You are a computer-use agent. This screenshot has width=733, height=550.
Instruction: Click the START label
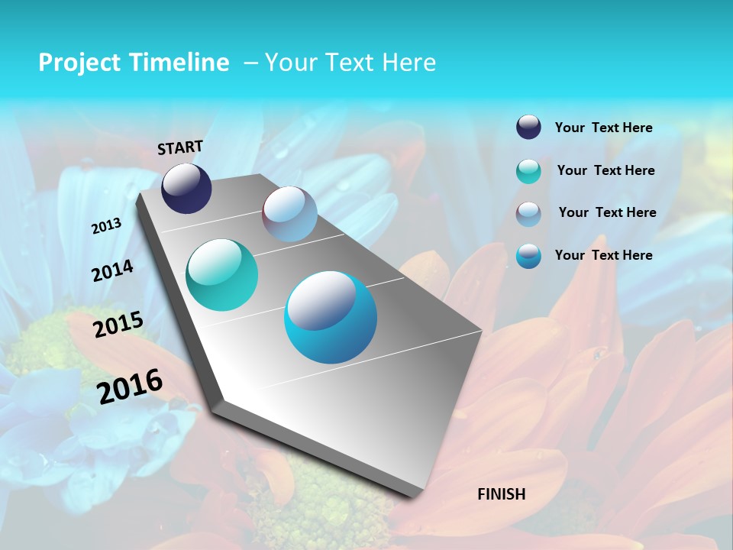point(180,147)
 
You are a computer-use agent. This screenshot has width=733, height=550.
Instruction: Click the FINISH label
point(502,494)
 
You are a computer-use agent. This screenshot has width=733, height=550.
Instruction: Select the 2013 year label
point(106,226)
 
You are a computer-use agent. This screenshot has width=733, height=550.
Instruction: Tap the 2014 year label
point(112,270)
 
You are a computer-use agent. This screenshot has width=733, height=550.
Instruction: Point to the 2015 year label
point(118,325)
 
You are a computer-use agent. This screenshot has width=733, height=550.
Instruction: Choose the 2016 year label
point(130,386)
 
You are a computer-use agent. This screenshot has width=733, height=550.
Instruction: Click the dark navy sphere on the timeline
point(186,188)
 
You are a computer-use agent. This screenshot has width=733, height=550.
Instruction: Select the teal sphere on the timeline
point(221,275)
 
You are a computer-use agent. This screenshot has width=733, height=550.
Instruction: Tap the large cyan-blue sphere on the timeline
point(331,317)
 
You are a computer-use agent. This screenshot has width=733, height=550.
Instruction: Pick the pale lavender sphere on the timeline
point(289,214)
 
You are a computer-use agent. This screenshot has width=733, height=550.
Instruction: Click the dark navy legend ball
point(528,128)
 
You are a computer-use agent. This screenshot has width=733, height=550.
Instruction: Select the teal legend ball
point(528,171)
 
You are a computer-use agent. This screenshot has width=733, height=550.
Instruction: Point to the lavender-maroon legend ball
point(528,213)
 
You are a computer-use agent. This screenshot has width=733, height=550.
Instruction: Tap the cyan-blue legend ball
point(528,256)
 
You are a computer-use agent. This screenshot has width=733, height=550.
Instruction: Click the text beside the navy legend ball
point(603,128)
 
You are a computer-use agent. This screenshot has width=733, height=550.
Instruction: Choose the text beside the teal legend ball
point(605,170)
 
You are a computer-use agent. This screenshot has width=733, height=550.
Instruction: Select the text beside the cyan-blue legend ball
point(603,255)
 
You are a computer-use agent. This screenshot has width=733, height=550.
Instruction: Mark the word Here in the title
point(408,63)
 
